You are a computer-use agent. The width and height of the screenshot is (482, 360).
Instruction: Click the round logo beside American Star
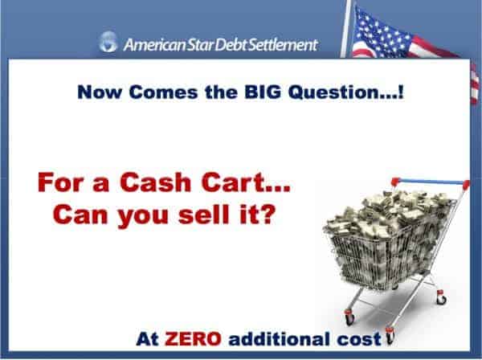[x=108, y=42]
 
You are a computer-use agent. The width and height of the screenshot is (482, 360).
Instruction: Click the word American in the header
[x=154, y=45]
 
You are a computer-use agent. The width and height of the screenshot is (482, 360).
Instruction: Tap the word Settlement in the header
[x=283, y=44]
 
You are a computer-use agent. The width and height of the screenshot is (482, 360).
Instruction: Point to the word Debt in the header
[x=231, y=44]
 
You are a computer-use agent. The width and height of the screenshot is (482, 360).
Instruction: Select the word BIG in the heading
[x=263, y=92]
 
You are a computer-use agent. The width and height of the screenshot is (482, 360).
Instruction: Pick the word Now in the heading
[x=100, y=92]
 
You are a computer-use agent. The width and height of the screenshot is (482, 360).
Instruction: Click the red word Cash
[x=156, y=182]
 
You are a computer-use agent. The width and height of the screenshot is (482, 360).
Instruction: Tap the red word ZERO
[x=193, y=339]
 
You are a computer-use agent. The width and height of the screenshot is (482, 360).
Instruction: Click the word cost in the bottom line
[x=359, y=339]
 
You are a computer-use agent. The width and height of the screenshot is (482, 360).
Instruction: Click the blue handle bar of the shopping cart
[x=431, y=182]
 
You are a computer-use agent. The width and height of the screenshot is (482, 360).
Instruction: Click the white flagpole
[x=346, y=29]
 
